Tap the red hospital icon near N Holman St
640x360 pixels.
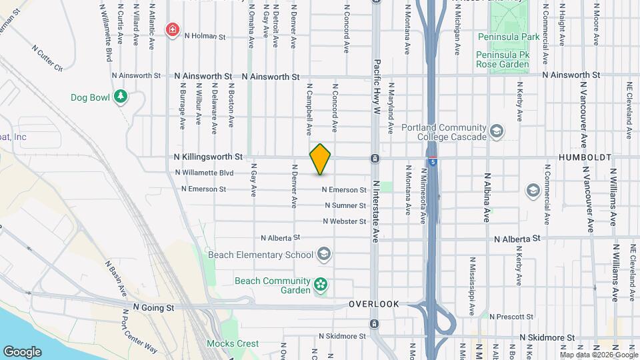coord(173,29)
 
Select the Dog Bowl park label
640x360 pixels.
coord(90,97)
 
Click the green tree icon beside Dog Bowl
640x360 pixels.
coord(121,97)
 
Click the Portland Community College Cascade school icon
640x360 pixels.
coord(496,131)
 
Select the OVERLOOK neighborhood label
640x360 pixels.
coord(373,304)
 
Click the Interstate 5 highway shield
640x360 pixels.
coord(433,161)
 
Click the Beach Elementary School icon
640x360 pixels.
coord(323,254)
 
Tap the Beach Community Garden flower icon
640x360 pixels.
coord(321,285)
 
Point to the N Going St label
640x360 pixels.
coord(153,307)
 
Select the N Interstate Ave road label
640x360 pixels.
coord(375,211)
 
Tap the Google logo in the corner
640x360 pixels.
coord(22,351)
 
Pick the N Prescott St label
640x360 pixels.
coord(511,316)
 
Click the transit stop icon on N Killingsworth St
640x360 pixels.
coord(375,159)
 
